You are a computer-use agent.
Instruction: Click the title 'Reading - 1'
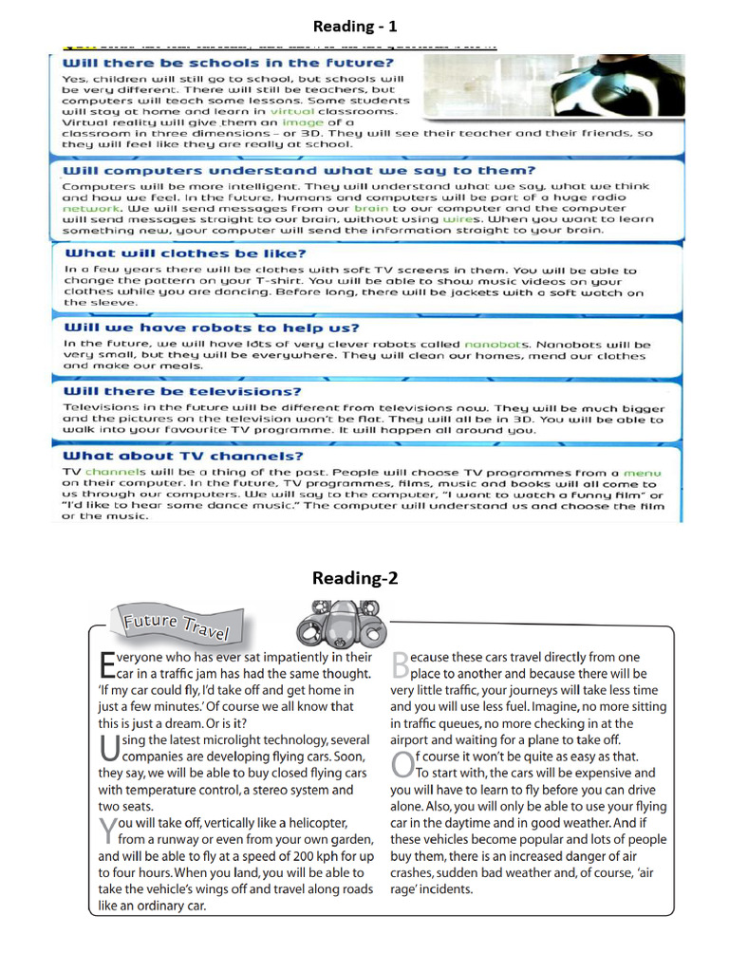pos(356,24)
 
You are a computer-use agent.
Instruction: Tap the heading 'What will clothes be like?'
pos(185,253)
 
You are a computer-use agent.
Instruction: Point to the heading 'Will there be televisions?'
pos(182,391)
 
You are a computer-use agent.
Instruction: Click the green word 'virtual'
pos(293,111)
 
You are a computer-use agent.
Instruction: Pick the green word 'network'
pos(91,207)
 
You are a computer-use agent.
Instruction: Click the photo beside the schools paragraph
pos(551,85)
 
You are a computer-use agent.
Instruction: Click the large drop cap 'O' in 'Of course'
pos(402,764)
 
